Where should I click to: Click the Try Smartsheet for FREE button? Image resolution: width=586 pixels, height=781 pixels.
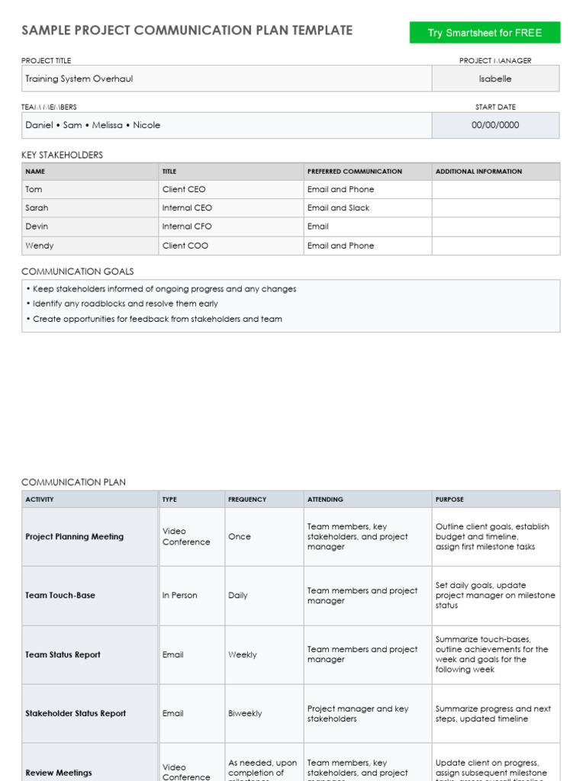pyautogui.click(x=485, y=33)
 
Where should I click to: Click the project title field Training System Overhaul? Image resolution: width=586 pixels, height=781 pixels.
pyautogui.click(x=79, y=79)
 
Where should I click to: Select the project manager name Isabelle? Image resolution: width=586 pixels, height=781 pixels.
pyautogui.click(x=495, y=79)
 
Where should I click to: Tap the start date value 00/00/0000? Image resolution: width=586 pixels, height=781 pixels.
pyautogui.click(x=495, y=125)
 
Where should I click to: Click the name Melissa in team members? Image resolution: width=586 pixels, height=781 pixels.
pyautogui.click(x=108, y=125)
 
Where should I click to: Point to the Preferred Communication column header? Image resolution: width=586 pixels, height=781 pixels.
pyautogui.click(x=354, y=172)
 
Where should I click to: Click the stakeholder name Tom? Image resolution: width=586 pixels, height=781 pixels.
pyautogui.click(x=34, y=189)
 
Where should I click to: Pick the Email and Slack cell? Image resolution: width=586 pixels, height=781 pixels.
pyautogui.click(x=338, y=207)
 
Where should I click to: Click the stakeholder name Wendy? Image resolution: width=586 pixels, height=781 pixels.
pyautogui.click(x=40, y=246)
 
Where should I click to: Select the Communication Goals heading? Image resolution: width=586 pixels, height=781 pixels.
pyautogui.click(x=77, y=272)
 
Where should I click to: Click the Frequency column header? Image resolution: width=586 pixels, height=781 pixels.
pyautogui.click(x=247, y=500)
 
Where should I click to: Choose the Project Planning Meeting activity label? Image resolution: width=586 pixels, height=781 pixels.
pyautogui.click(x=74, y=537)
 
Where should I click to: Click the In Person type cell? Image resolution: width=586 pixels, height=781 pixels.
pyautogui.click(x=179, y=596)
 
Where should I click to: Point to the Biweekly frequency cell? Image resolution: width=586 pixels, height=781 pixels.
pyautogui.click(x=245, y=714)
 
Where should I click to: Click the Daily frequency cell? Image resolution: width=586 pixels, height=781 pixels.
pyautogui.click(x=238, y=596)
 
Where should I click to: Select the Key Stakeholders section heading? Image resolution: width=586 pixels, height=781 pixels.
pyautogui.click(x=62, y=155)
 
